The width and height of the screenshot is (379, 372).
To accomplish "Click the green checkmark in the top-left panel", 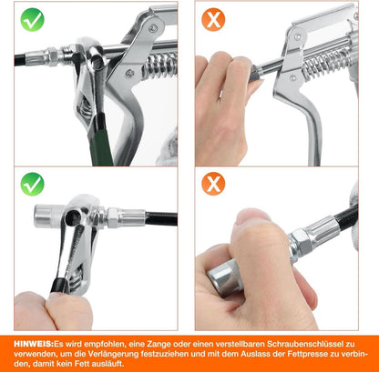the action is coord(32,20).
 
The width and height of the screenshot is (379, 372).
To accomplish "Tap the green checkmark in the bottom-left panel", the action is coord(32,184).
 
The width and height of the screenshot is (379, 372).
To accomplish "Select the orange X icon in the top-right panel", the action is coord(213,20).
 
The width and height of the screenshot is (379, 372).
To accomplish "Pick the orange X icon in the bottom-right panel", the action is coord(213,184).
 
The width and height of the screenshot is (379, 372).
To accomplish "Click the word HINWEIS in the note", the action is coord(34,344).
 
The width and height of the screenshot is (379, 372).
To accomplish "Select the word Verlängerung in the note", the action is coord(114,354).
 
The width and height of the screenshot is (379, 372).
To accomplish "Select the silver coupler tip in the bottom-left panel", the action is coord(48,216).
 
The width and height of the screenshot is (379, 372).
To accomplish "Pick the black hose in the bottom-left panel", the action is coord(161,218).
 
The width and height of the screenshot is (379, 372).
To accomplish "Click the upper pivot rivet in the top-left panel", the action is coord(152,29).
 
